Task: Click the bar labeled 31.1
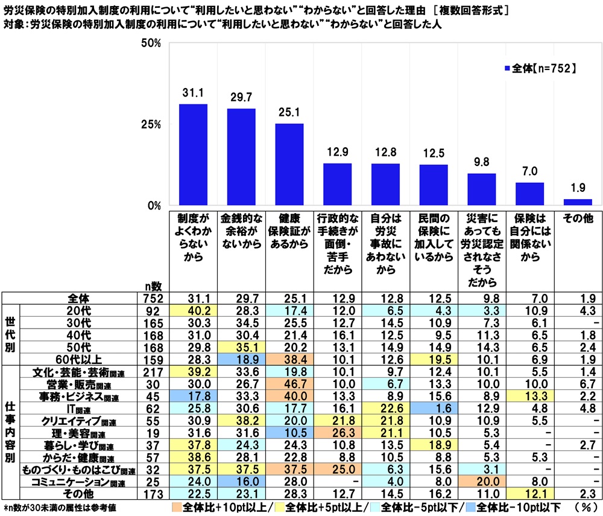193,154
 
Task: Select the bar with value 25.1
289,164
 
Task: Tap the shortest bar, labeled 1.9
578,202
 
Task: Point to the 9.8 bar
481,190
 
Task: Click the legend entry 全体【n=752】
540,69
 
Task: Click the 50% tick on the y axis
150,43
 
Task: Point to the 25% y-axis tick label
150,124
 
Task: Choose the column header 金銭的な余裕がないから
241,230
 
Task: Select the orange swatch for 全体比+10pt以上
176,507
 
